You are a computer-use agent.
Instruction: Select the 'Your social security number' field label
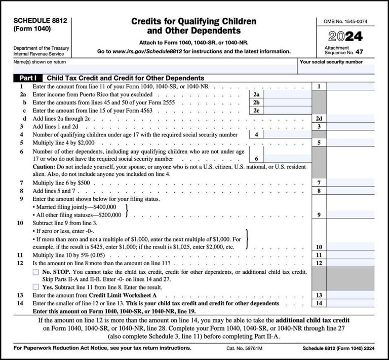point(331,62)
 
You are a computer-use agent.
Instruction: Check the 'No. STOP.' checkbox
point(35,272)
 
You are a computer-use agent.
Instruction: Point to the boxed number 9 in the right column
point(319,215)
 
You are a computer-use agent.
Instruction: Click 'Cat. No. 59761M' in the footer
point(248,348)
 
